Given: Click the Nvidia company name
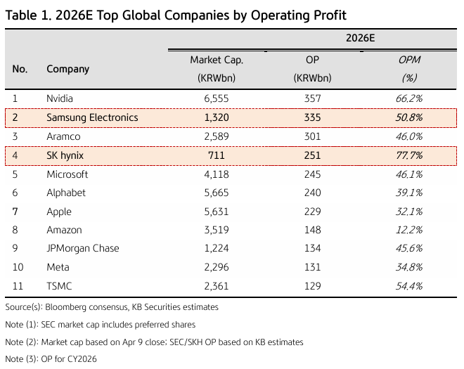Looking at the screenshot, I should (x=60, y=98).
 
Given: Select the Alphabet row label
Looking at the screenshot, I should (x=65, y=193).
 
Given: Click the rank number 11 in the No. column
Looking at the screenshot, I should (x=18, y=286).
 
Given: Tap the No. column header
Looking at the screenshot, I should (x=20, y=69).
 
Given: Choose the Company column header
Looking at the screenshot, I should (x=67, y=69).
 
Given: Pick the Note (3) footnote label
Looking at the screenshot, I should (x=20, y=359).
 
